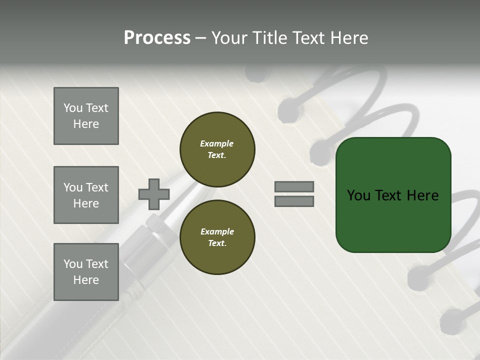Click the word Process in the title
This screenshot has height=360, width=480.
click(x=157, y=38)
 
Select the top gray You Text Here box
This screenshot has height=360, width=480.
click(x=86, y=116)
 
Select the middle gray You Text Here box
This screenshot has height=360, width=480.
click(x=86, y=195)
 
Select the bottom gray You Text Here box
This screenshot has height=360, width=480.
click(x=86, y=271)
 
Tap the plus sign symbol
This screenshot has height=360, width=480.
click(x=154, y=194)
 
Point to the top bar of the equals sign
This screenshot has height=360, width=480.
click(x=294, y=186)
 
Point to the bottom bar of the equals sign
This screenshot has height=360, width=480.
click(x=294, y=201)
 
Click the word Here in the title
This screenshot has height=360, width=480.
click(x=348, y=38)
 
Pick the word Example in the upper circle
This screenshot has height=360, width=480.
click(x=216, y=143)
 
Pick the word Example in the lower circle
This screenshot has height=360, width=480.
click(x=216, y=231)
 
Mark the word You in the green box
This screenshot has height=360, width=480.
click(x=359, y=195)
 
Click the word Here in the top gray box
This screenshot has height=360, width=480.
click(x=86, y=124)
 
